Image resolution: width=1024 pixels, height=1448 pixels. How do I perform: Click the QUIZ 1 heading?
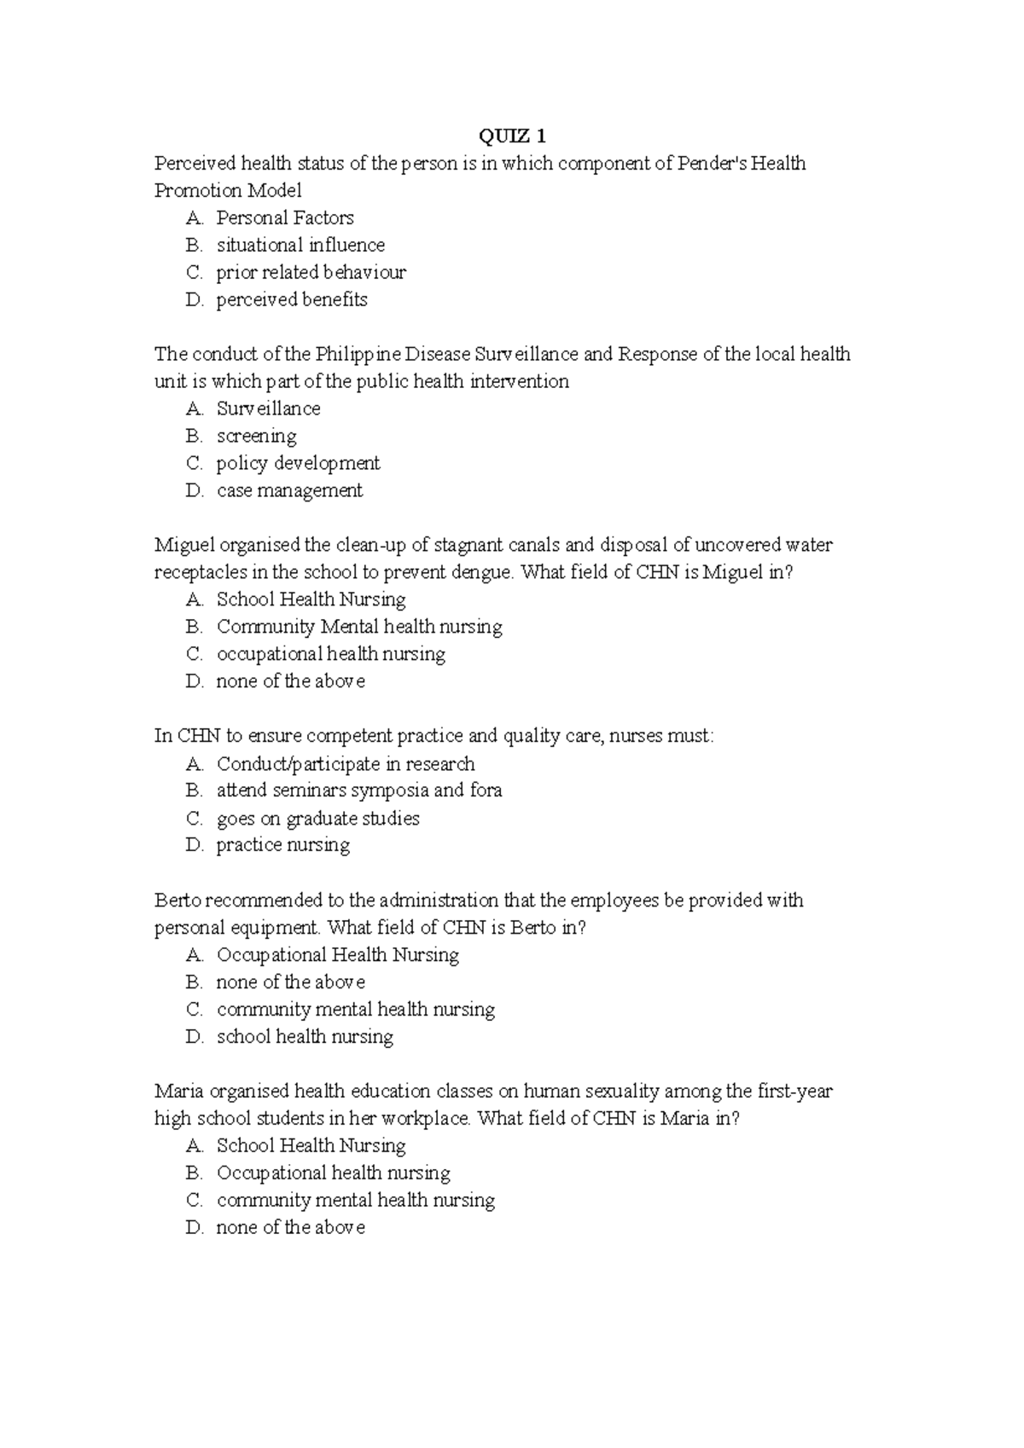(x=512, y=136)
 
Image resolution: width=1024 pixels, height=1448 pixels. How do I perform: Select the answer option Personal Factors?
(x=284, y=217)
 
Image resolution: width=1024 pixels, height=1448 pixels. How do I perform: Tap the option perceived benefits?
(x=291, y=299)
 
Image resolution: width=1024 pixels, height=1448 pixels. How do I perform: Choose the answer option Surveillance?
(x=268, y=408)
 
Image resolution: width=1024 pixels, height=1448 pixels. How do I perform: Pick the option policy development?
(x=298, y=463)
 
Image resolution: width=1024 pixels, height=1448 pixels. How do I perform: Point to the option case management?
(x=289, y=490)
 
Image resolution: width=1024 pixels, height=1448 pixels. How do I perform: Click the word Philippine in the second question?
(x=358, y=354)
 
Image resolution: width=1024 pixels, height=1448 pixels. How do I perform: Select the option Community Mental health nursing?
(x=358, y=627)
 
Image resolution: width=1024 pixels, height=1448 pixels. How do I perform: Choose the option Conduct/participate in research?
(x=345, y=763)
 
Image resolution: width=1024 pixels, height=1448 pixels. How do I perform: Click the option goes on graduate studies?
(x=317, y=818)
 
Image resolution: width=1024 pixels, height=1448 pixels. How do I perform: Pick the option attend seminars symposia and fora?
(x=358, y=791)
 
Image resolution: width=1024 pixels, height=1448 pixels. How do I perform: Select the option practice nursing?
(x=282, y=845)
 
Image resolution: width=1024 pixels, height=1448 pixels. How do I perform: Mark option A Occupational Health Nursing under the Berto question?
(x=337, y=954)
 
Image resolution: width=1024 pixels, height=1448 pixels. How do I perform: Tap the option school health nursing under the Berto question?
(x=305, y=1036)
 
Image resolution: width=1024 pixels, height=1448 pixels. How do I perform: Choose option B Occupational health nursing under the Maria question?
(x=333, y=1173)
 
